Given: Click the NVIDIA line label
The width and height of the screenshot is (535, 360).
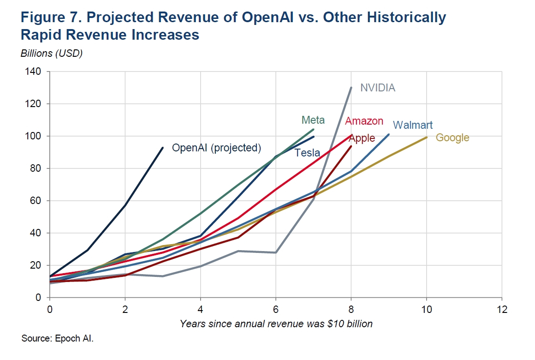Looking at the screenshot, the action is [x=378, y=88].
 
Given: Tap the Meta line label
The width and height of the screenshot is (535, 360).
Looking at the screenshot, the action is [x=313, y=120].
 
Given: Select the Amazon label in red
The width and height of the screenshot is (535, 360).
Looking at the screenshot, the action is [x=364, y=121].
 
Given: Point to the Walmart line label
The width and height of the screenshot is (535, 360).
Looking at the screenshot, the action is [x=412, y=125].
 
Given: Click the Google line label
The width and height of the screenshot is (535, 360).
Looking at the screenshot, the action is [x=452, y=138].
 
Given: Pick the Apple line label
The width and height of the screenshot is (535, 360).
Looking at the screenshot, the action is [x=362, y=138].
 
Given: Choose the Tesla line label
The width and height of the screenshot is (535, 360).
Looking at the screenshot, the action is [x=308, y=153].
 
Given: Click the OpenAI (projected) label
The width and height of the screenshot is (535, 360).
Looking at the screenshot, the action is [x=217, y=148].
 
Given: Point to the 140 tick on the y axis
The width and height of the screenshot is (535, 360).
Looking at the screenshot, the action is [x=33, y=72].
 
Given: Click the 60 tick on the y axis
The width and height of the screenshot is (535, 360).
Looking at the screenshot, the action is [x=36, y=200].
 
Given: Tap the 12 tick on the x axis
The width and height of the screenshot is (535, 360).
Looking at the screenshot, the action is [x=502, y=309].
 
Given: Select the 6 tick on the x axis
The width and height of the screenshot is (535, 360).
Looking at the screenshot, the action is [x=276, y=309].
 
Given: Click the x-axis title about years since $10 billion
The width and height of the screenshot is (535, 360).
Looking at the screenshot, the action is [x=276, y=324].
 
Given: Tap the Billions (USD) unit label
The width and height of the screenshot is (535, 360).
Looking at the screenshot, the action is [x=52, y=53].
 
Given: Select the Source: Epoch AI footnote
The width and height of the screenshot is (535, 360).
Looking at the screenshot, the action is [x=57, y=338].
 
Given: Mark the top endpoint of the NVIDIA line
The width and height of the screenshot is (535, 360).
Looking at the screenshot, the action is [x=351, y=87].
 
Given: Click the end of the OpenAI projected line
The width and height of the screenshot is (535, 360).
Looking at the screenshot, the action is [x=163, y=148].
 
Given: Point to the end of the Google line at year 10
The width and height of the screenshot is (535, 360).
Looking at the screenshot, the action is [x=427, y=137].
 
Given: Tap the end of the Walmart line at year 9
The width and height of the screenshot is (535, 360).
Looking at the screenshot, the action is [x=389, y=135].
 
